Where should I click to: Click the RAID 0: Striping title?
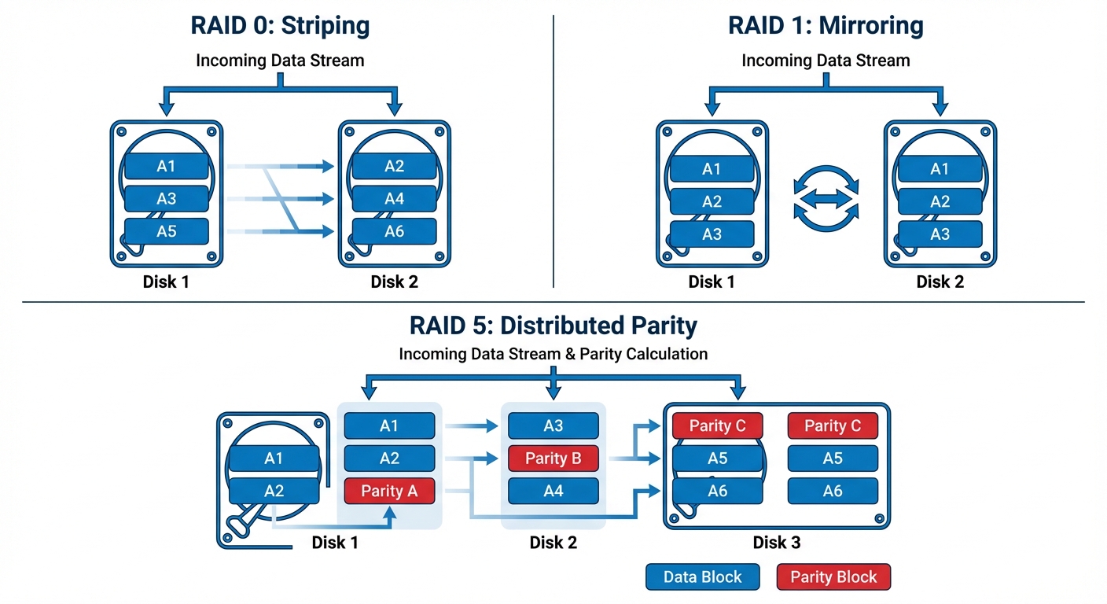click(280, 25)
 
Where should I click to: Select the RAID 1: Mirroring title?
click(826, 25)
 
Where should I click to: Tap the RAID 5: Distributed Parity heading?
click(553, 325)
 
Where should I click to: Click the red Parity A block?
click(389, 491)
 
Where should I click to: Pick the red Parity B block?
click(553, 459)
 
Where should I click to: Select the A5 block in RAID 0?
click(166, 231)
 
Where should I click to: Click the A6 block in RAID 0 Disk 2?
click(394, 231)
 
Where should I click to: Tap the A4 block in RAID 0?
click(394, 199)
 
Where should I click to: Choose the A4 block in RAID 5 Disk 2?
click(553, 491)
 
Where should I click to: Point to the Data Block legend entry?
click(702, 576)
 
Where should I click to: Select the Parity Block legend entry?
click(833, 576)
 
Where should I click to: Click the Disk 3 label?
click(777, 543)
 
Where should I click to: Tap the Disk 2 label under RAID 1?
click(940, 282)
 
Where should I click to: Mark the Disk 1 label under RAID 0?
click(166, 282)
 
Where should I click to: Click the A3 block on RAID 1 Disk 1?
click(712, 234)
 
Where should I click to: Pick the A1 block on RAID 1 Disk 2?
click(940, 169)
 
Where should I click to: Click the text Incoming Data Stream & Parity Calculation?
click(553, 354)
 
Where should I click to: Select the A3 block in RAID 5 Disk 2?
click(553, 425)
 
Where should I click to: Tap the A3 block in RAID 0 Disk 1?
click(166, 199)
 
